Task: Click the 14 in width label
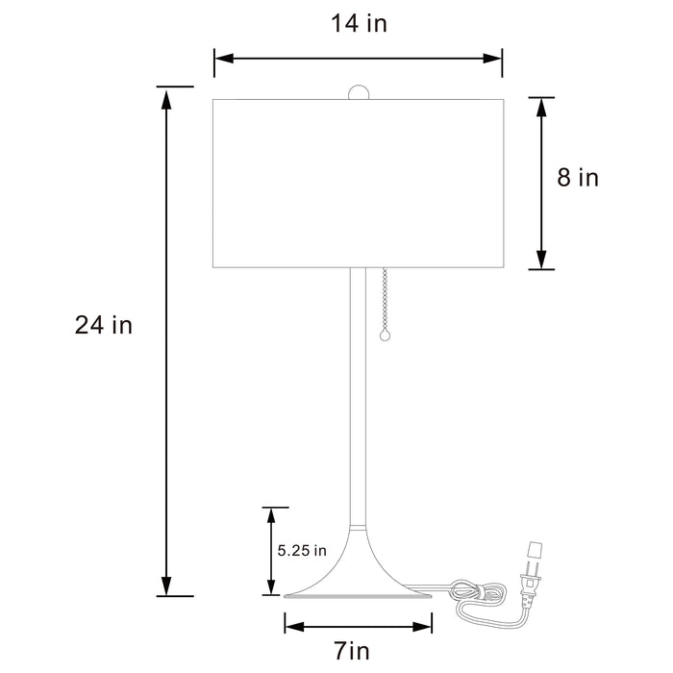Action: coord(359,24)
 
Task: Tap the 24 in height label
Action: coord(104,326)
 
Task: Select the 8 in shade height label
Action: coord(577,178)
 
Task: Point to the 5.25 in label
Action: coord(302,551)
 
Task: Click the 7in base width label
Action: coord(352,652)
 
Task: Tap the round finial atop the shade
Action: coord(358,92)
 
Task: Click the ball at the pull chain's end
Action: coord(386,336)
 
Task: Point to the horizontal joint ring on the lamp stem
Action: coord(358,528)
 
